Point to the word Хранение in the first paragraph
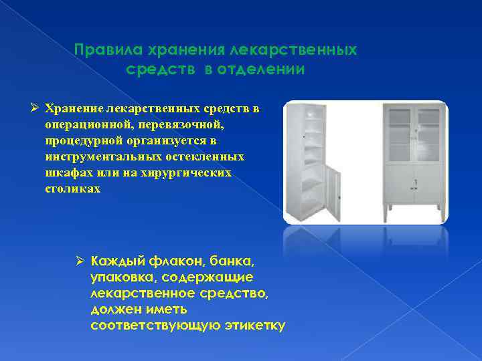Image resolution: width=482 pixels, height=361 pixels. click(x=74, y=108)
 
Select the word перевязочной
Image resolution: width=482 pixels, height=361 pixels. click(x=183, y=124)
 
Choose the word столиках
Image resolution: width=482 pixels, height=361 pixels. click(x=73, y=189)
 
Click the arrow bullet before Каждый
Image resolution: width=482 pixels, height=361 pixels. click(x=79, y=259)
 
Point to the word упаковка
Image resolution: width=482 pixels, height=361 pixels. click(x=120, y=276)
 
